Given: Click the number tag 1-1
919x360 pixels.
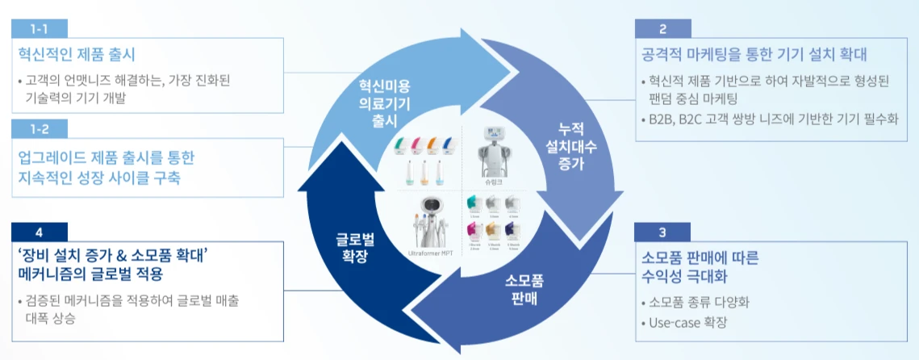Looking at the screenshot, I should click(39, 29).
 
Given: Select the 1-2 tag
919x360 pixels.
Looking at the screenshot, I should click(39, 128).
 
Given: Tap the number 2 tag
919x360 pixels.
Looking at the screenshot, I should click(662, 29).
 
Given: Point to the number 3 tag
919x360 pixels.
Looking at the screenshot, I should click(662, 232).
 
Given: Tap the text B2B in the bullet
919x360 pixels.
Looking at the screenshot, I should click(662, 119).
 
